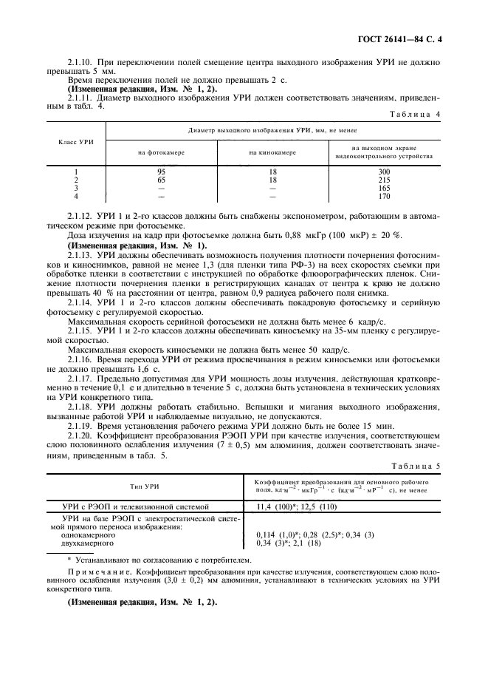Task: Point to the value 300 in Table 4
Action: point(383,172)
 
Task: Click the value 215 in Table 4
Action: point(383,180)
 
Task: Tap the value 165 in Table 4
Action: point(383,188)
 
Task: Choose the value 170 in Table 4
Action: point(383,197)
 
